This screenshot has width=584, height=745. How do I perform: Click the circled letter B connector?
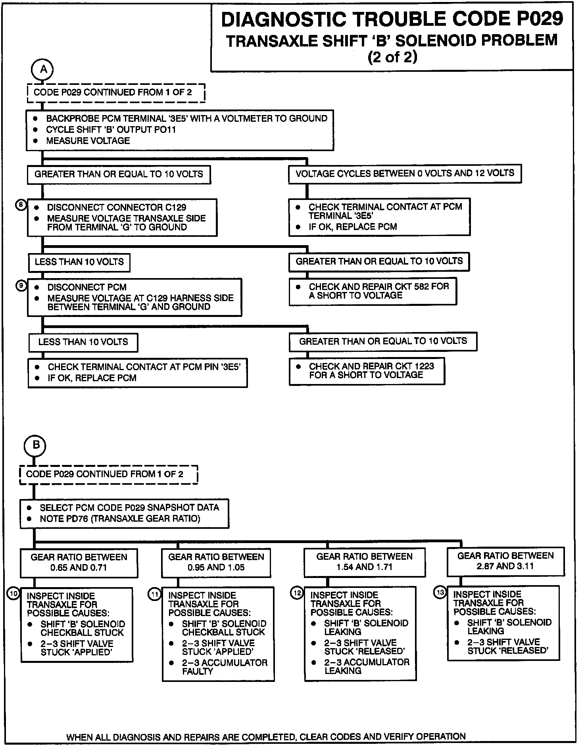coord(36,445)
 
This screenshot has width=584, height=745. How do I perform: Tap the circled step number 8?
coord(21,205)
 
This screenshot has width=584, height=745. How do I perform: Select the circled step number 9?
coord(21,285)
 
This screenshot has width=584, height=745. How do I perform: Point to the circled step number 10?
coord(14,594)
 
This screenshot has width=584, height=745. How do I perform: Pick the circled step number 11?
coord(155,594)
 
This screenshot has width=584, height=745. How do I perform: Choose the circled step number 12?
coord(297,593)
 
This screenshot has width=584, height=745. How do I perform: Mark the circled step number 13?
coord(440,592)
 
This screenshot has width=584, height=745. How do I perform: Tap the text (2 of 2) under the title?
coord(392,58)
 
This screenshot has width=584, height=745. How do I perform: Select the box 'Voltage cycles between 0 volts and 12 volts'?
coord(405,173)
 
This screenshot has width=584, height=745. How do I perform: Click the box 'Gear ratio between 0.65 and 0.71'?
coord(79,563)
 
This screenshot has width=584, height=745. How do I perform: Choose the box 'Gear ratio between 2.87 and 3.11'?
coord(505,561)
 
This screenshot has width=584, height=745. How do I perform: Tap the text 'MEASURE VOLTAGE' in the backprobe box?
coord(88,141)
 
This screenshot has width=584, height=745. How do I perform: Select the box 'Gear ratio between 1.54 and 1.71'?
coord(364,562)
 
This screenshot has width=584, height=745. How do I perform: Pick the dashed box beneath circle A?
coord(116,93)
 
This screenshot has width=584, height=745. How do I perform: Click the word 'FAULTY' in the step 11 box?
coord(197,671)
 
